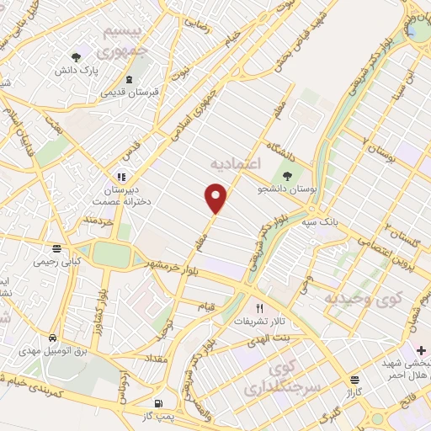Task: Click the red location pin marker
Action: (216, 199)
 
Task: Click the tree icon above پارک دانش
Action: (77, 58)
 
